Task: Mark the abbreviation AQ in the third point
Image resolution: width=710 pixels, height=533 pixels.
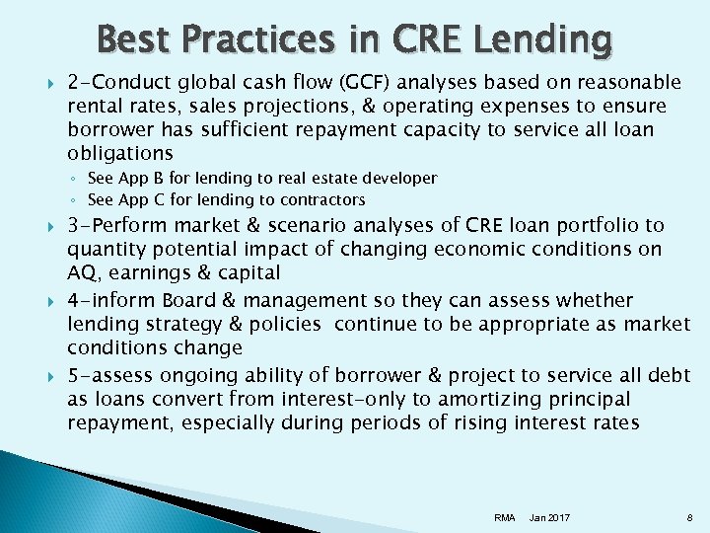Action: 83,273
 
